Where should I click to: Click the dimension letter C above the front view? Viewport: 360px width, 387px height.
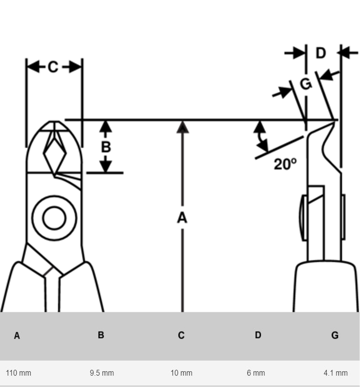(53, 67)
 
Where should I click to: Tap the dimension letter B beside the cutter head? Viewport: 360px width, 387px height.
(105, 147)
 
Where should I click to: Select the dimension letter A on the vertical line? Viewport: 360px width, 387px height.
(182, 218)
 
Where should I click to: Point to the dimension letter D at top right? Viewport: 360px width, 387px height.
(320, 53)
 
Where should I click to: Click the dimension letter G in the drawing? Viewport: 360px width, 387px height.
(306, 84)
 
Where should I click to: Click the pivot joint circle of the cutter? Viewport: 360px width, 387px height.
(54, 218)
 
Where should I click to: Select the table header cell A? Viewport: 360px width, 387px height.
(17, 335)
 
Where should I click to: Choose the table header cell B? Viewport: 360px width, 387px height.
(101, 335)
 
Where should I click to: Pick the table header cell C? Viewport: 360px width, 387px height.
(181, 335)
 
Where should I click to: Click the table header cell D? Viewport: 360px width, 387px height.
(258, 335)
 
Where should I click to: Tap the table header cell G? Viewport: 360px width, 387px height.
(335, 335)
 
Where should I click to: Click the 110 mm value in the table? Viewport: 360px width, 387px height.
(18, 373)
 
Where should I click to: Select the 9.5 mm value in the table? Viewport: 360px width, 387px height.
(102, 373)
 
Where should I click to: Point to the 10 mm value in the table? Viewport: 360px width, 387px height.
(181, 373)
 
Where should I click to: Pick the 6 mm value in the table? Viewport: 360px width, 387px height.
(256, 373)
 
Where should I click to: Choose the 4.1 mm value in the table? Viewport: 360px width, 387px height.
(336, 373)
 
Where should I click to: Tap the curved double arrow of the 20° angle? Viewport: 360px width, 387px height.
(260, 136)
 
